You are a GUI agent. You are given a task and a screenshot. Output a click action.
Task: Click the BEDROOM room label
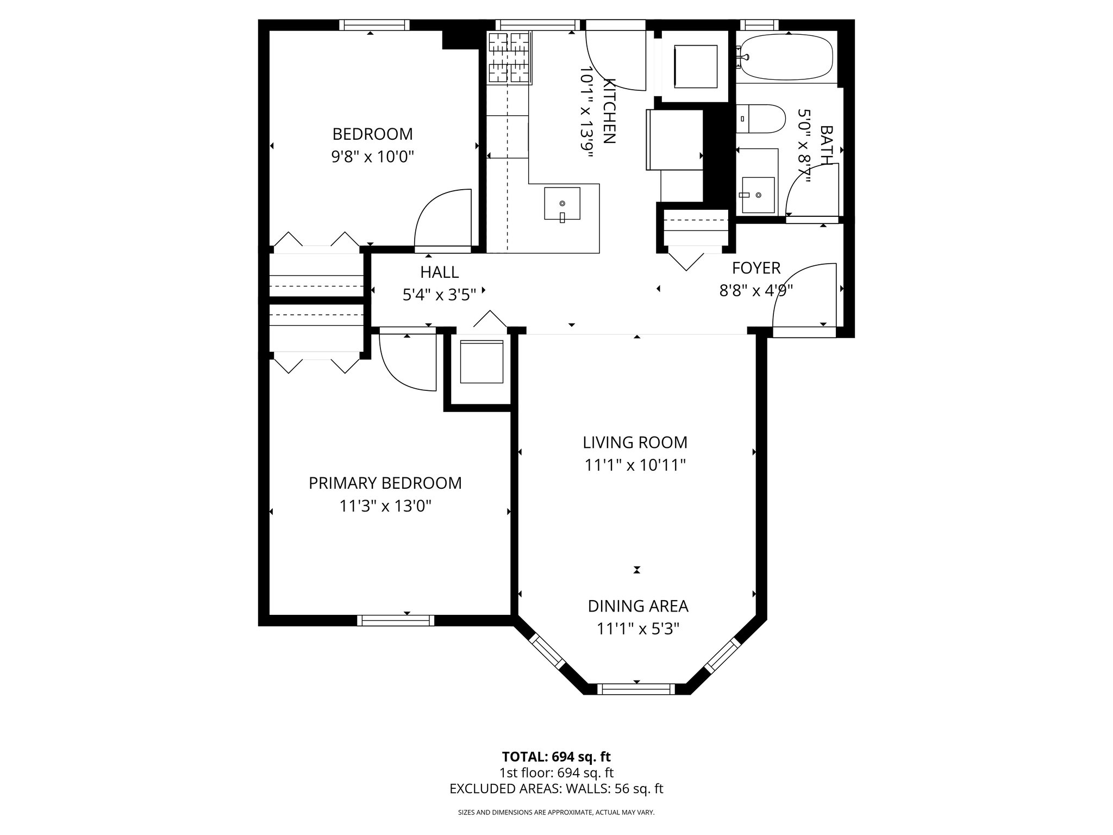(372, 134)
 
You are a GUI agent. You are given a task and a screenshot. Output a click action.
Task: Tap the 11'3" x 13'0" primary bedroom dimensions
(385, 507)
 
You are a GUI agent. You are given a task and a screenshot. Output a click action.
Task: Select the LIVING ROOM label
(635, 443)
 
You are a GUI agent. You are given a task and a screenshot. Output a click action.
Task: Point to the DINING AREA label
(638, 606)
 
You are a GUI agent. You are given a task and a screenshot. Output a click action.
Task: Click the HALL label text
(439, 272)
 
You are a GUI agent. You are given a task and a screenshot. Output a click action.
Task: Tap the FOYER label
(756, 268)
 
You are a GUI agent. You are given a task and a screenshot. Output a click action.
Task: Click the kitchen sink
(562, 203)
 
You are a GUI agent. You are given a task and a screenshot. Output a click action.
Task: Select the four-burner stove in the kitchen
(509, 58)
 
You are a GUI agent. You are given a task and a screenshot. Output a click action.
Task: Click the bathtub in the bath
(786, 57)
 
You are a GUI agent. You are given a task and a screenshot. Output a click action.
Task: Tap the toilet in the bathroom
(761, 119)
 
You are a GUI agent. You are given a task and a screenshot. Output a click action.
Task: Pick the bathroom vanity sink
(758, 195)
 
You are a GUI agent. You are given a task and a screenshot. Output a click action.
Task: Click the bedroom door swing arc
(441, 217)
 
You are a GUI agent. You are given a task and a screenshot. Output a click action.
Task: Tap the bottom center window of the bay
(636, 689)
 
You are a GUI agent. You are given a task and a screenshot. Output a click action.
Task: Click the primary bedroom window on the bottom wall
(396, 620)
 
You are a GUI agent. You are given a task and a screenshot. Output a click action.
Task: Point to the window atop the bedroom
(374, 25)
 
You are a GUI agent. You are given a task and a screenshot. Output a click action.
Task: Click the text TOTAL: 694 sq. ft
(556, 757)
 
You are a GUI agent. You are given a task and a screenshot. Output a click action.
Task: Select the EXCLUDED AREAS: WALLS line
(556, 789)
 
